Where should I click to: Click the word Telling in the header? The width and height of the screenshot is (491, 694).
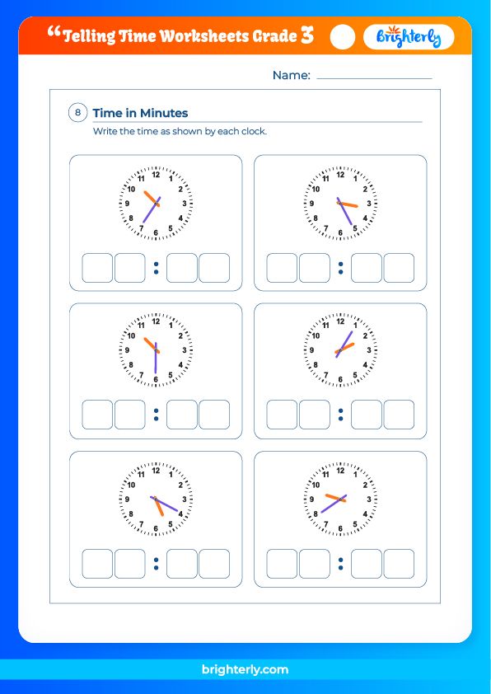[90, 36]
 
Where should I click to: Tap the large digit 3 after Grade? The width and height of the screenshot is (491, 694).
[306, 35]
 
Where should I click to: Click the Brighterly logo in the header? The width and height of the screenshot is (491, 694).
[409, 37]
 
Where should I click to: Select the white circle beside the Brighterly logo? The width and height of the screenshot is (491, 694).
[342, 37]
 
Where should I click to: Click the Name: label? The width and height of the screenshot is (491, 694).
[291, 75]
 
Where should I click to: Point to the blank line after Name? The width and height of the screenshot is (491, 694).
[374, 77]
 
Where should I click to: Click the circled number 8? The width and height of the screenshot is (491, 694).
[78, 113]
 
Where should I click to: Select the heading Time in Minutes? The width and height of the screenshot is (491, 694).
[140, 113]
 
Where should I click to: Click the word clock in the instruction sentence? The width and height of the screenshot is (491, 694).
[254, 132]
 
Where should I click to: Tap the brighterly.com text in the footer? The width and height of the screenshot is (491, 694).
[245, 670]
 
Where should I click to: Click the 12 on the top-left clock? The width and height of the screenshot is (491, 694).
[156, 175]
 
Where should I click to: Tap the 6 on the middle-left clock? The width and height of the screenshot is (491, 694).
[156, 379]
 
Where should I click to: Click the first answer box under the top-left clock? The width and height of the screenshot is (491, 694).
[97, 268]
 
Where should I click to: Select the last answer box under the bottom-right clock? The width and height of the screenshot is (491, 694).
[399, 564]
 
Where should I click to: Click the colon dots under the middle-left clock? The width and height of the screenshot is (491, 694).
[156, 415]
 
